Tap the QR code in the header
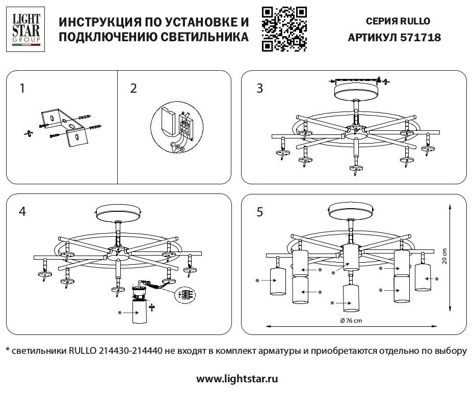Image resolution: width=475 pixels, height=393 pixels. tap(284, 29)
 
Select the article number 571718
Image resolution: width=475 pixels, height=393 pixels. tap(421, 38)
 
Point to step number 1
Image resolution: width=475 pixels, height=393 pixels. tap(22, 89)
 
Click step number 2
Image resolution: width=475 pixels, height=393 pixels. tap(134, 89)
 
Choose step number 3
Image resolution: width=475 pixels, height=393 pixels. tap(260, 89)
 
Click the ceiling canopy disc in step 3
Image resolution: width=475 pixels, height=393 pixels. tap(355, 93)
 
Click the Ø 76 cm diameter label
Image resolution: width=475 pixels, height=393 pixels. tap(351, 321)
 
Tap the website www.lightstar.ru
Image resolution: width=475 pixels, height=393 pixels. tap(237, 379)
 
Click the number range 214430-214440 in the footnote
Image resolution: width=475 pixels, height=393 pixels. tap(127, 351)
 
